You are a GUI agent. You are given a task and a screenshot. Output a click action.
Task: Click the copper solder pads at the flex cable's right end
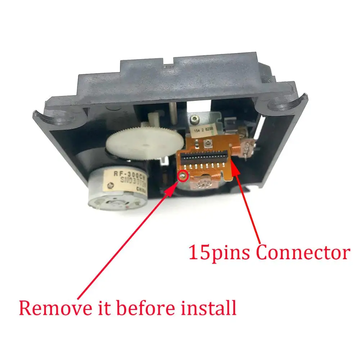248,147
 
